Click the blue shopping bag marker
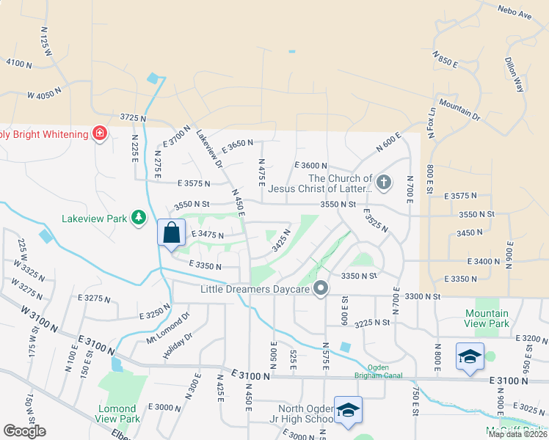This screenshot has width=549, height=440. pyautogui.click(x=171, y=233)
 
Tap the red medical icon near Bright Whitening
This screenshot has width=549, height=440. pyautogui.click(x=99, y=133)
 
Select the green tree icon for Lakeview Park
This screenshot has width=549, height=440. pyautogui.click(x=138, y=217)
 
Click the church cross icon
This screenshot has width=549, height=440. pyautogui.click(x=382, y=181)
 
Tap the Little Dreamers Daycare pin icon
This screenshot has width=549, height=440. pyautogui.click(x=320, y=289)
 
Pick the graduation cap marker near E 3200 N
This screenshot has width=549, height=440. pyautogui.click(x=470, y=356)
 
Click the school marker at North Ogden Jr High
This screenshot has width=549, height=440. pyautogui.click(x=348, y=409)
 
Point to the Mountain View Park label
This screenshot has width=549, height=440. pyautogui.click(x=487, y=318)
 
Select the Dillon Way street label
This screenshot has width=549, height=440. pyautogui.click(x=515, y=74)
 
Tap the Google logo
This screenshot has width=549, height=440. pyautogui.click(x=24, y=431)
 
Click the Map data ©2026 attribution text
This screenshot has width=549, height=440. pyautogui.click(x=517, y=434)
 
